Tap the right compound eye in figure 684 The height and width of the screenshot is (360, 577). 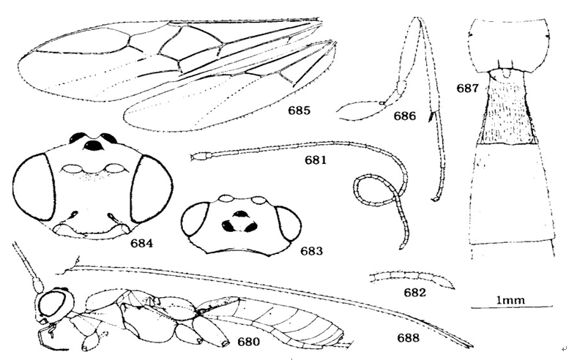(x=150, y=192)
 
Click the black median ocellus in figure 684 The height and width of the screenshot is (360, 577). (x=94, y=146)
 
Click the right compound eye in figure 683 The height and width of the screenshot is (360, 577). (x=287, y=225)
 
